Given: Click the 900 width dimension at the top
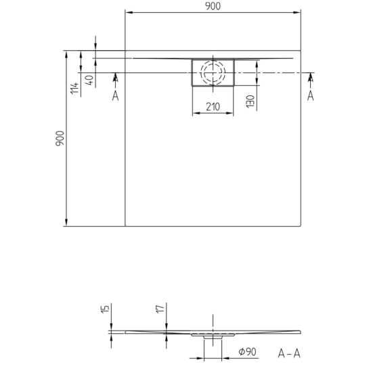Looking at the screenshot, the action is click(x=213, y=6).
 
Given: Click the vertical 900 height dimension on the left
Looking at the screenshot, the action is click(x=60, y=138).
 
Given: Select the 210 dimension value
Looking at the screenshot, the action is click(x=213, y=107).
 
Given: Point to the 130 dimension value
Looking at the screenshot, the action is click(x=250, y=102).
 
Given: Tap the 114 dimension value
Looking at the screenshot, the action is click(x=74, y=88).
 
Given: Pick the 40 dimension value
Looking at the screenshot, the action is click(x=89, y=81).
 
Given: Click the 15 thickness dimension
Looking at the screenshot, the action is click(x=106, y=309).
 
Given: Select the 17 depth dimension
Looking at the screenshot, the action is click(x=160, y=309).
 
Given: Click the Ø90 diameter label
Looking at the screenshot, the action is click(x=248, y=352).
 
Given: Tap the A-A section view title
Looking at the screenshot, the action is click(x=289, y=353).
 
